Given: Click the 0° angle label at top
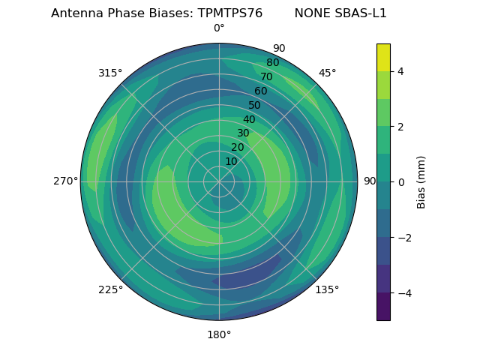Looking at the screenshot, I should pyautogui.click(x=219, y=28).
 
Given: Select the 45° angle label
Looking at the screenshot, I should pyautogui.click(x=327, y=73).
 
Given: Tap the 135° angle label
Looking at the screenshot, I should pyautogui.click(x=327, y=289).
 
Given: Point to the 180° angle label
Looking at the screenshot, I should pyautogui.click(x=219, y=334).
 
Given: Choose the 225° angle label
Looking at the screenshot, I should pyautogui.click(x=110, y=289).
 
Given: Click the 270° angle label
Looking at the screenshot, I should pyautogui.click(x=65, y=181).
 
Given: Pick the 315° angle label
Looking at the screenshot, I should pyautogui.click(x=110, y=73).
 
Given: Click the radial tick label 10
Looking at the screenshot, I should pyautogui.click(x=231, y=162).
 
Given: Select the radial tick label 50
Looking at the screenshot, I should pyautogui.click(x=255, y=106).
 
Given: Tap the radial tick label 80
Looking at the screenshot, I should pyautogui.click(x=273, y=63).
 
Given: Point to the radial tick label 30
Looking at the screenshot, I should pyautogui.click(x=243, y=133).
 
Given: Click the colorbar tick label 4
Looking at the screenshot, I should pyautogui.click(x=400, y=71).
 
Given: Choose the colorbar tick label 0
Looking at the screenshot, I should pyautogui.click(x=400, y=182).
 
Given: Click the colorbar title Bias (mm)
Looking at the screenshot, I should pyautogui.click(x=421, y=182).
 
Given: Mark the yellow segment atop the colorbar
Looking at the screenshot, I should pyautogui.click(x=383, y=57).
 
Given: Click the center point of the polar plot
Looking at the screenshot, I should pyautogui.click(x=219, y=181).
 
